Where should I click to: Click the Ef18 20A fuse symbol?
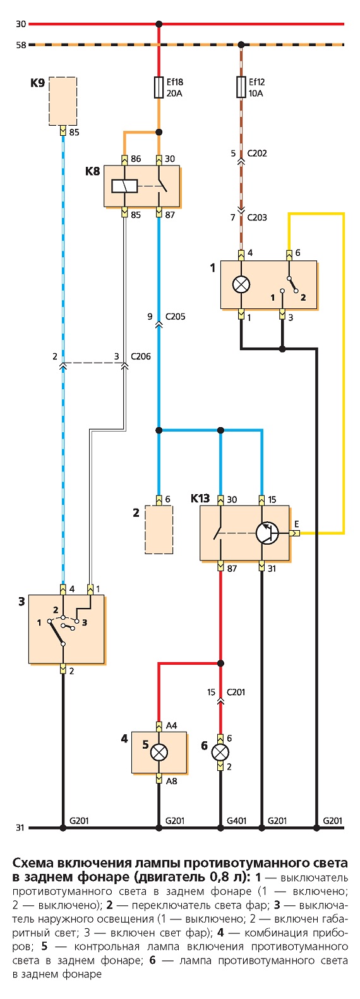(x=159, y=87)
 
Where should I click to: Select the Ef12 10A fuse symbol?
(x=241, y=87)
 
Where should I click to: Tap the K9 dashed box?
(x=63, y=101)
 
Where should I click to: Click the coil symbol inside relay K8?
(x=124, y=186)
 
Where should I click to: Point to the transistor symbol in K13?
(x=267, y=533)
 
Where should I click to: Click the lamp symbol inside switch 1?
(x=241, y=284)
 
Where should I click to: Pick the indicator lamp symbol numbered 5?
(x=159, y=753)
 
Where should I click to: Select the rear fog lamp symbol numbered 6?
(x=220, y=753)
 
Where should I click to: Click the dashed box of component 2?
(x=159, y=530)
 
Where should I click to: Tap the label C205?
(x=175, y=317)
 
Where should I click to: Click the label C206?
(x=141, y=356)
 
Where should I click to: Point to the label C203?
(x=257, y=217)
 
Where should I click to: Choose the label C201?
(x=236, y=692)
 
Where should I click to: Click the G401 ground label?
(x=237, y=821)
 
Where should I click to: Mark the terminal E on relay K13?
(x=297, y=524)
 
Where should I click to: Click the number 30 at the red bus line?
(x=20, y=24)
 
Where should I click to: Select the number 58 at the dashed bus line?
(x=20, y=45)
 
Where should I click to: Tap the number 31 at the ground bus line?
(x=20, y=828)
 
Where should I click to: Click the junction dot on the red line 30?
(x=159, y=23)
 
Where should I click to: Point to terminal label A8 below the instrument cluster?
(x=171, y=781)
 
